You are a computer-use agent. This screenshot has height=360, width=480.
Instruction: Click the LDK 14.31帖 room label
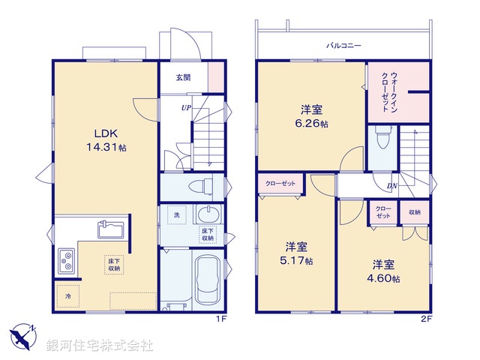[105, 140]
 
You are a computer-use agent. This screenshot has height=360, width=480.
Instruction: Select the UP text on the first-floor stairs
[184, 107]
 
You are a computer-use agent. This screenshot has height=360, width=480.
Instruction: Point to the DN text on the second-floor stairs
[392, 186]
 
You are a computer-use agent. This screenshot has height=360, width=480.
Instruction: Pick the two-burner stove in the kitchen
[67, 261]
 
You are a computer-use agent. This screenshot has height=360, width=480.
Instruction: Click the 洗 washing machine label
[177, 216]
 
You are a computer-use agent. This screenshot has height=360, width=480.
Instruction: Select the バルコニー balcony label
[343, 46]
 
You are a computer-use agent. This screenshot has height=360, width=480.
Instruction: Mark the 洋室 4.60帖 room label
[385, 271]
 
